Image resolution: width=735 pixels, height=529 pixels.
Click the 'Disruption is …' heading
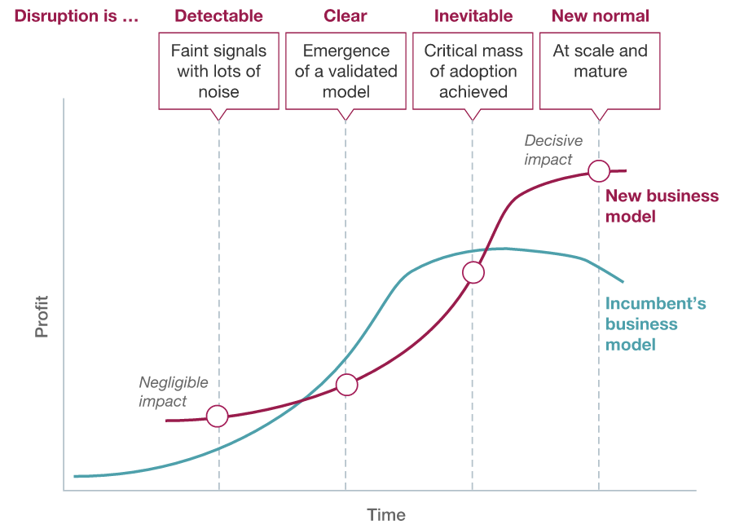pos(77,15)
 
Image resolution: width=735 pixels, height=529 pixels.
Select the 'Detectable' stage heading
pos(218,15)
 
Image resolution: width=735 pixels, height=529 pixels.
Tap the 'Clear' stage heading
pos(345,15)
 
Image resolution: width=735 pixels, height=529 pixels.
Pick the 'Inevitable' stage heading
pos(473,15)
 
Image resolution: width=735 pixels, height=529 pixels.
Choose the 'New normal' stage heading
pos(601,15)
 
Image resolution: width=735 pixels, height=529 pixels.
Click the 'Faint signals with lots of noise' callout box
pos(218,71)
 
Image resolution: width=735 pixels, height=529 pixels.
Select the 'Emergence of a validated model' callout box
pos(345,71)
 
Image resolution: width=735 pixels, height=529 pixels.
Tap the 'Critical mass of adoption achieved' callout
pos(473,71)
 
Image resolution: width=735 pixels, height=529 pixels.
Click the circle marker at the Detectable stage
pos(218,416)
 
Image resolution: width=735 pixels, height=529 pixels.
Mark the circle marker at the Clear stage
pos(347,385)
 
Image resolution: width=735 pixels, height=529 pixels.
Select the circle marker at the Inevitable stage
pos(473,272)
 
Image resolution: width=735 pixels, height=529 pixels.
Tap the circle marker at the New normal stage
pos(599,170)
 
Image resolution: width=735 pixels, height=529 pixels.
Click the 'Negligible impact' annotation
pos(174,391)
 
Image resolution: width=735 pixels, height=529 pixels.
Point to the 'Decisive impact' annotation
pos(553,150)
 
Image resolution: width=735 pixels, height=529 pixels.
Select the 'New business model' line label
pos(662,206)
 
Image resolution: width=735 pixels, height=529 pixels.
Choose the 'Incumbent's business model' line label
pos(655,324)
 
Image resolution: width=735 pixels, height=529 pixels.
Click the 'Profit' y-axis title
pos(42,316)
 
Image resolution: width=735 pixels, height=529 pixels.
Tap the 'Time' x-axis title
pos(386,515)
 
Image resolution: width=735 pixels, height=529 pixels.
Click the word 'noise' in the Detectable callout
pos(218,91)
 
